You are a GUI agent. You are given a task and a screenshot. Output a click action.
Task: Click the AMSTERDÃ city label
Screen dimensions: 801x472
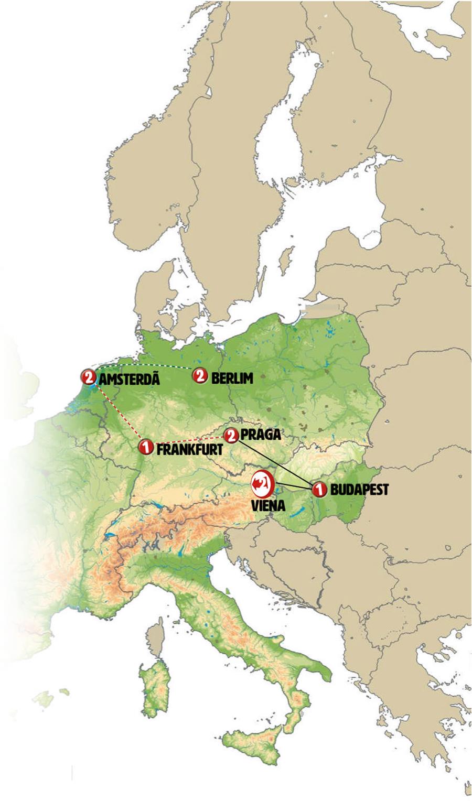coord(129,378)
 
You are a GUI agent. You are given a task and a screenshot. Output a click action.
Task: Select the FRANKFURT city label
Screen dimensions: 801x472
coord(189,449)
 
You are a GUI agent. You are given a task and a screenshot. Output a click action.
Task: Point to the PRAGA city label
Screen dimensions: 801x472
coord(261,435)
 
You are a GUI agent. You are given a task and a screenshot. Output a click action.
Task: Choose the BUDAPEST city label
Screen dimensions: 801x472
coord(359,491)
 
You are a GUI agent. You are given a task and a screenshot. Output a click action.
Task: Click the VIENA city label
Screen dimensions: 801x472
coord(268,506)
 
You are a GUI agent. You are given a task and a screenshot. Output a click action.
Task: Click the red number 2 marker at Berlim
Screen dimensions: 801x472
coord(200,375)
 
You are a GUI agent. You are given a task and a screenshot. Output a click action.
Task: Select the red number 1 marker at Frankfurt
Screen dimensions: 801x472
coord(146,447)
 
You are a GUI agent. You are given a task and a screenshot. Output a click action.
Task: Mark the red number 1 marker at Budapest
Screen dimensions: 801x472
coord(318,490)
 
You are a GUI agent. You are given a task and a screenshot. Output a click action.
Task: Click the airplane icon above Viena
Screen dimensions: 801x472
coord(262,484)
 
